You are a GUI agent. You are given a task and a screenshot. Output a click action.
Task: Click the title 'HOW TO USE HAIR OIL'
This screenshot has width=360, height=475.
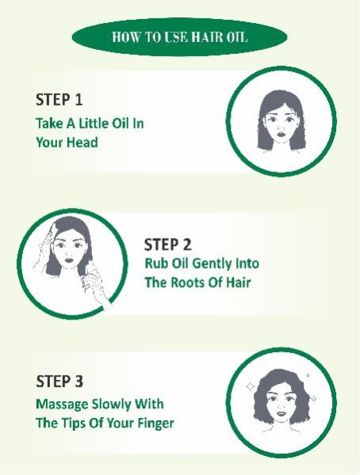point(180,37)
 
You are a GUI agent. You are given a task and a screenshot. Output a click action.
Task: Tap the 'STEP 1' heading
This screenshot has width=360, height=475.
point(59,100)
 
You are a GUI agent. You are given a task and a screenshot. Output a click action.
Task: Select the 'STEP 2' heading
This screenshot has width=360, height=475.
point(168,245)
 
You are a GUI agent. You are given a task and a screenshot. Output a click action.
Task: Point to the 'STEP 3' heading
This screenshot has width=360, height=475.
point(59,381)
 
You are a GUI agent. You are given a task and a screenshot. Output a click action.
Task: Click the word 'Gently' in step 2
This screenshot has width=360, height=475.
point(208,264)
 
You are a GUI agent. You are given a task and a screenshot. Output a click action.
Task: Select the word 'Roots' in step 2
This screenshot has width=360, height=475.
point(185,282)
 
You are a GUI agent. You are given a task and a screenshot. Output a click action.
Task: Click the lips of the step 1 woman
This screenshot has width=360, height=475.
point(281,132)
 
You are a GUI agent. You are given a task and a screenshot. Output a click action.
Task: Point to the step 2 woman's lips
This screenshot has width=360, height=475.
point(70,259)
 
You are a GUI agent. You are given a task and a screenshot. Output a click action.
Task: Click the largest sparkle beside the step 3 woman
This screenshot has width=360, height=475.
point(250,386)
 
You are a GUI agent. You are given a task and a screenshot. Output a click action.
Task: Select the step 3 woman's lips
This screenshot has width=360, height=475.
point(281,413)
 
